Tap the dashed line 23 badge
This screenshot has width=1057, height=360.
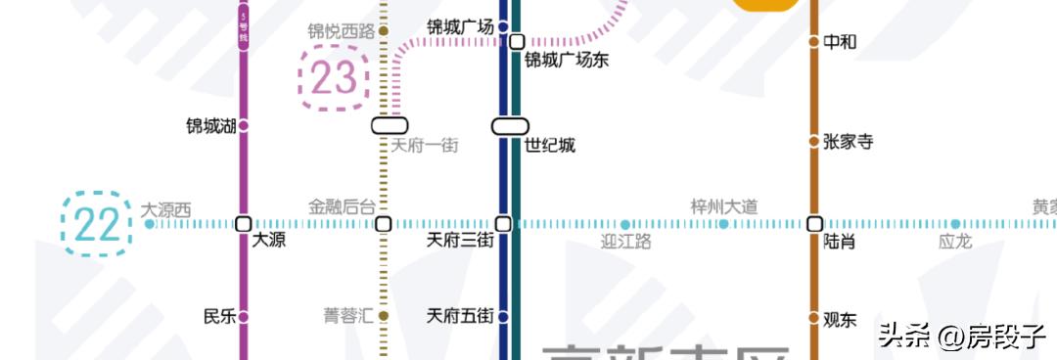[334, 77]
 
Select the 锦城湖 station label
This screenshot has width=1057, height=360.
[211, 126]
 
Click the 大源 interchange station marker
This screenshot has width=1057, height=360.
[244, 224]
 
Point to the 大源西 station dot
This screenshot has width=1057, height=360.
[149, 224]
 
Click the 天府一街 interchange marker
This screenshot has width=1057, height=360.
[390, 126]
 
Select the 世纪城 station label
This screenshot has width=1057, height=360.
[550, 146]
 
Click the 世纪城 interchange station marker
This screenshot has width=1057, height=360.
[510, 126]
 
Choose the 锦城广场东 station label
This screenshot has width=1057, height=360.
[567, 61]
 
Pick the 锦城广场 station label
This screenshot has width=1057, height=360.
[460, 26]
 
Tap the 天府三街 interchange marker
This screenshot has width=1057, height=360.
[503, 224]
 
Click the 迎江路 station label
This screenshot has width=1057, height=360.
[625, 242]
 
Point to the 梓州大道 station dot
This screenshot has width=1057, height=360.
[723, 224]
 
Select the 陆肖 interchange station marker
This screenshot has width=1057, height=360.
[814, 224]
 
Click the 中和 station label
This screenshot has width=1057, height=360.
[840, 42]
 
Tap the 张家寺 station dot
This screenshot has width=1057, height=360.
[813, 142]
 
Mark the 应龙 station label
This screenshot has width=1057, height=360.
[954, 242]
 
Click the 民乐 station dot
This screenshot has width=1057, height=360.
[244, 317]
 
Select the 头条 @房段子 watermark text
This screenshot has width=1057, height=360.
[961, 337]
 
